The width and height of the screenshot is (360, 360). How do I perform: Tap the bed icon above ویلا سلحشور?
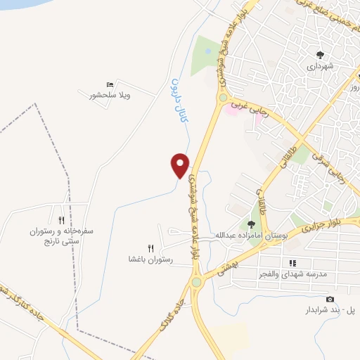tap(108, 84)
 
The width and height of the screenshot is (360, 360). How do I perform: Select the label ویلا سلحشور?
tap(111, 94)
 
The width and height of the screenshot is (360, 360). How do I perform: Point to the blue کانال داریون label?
tap(179, 98)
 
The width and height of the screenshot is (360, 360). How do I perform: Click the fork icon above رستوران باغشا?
tap(150, 248)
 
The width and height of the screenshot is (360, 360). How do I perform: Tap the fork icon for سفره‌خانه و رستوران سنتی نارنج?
tap(61, 220)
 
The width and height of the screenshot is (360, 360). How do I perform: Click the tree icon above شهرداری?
tap(321, 54)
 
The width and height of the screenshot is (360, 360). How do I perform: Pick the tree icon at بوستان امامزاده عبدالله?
tap(250, 225)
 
